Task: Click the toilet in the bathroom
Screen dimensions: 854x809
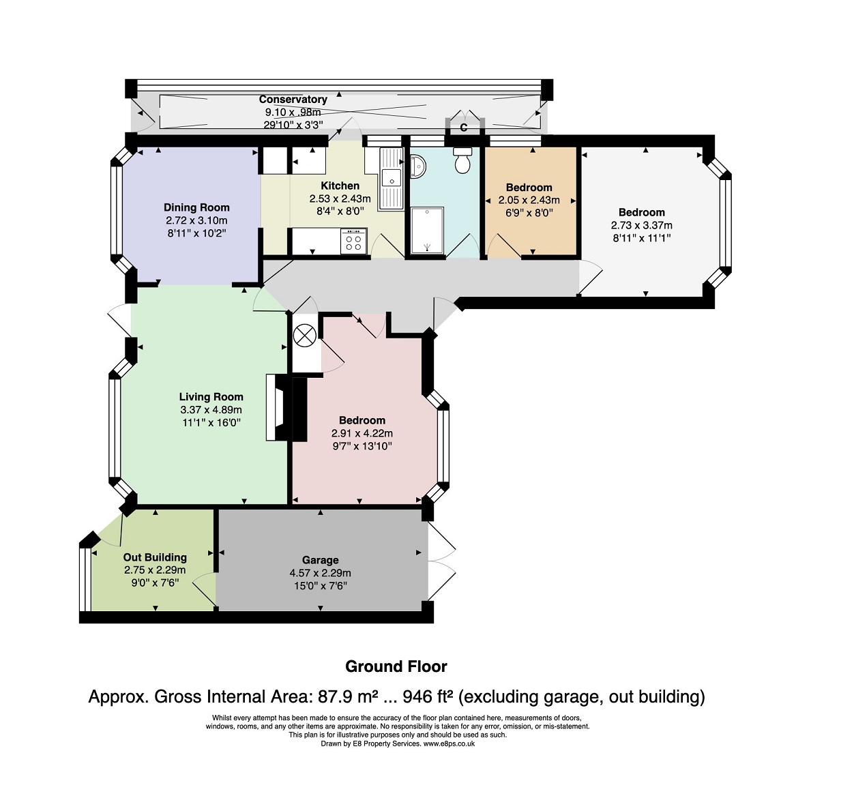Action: pos(462,160)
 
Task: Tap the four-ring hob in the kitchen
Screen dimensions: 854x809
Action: pos(353,241)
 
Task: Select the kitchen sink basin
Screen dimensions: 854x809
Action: pos(391,178)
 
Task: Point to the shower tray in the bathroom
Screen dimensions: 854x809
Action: pos(428,231)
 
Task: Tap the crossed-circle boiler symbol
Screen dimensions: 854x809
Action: pos(305,336)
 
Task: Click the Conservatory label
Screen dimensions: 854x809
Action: pos(293,99)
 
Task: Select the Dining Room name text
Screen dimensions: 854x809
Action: pos(196,207)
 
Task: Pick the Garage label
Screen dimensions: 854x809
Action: pos(320,560)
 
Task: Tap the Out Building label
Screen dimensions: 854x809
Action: pos(155,557)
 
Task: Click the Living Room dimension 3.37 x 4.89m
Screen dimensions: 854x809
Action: pos(211,410)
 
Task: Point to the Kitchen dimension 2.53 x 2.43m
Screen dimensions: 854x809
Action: pos(340,199)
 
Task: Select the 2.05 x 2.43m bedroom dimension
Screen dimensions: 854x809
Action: pos(529,201)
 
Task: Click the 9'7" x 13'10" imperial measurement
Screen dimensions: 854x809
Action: pos(362,446)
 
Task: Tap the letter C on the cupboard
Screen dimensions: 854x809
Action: pos(463,128)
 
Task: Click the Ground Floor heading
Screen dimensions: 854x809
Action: pos(396,666)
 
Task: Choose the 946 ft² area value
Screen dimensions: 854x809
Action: pos(428,697)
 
